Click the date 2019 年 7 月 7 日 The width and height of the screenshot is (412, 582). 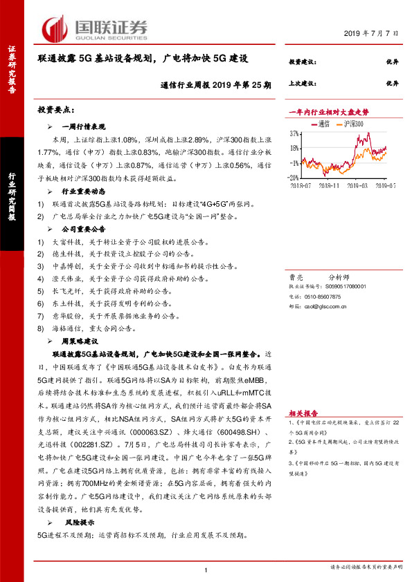pyautogui.click(x=372, y=33)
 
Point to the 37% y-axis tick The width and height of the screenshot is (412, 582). pyautogui.click(x=294, y=133)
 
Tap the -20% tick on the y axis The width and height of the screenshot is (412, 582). pyautogui.click(x=294, y=178)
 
